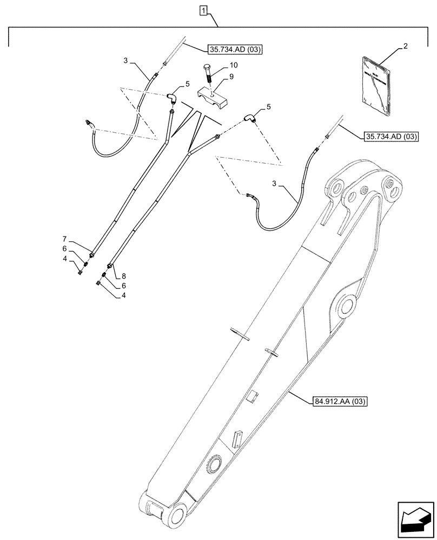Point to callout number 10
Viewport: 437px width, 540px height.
(233, 65)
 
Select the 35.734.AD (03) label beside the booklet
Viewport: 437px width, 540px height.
(388, 136)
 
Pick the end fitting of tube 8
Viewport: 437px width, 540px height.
(110, 266)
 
